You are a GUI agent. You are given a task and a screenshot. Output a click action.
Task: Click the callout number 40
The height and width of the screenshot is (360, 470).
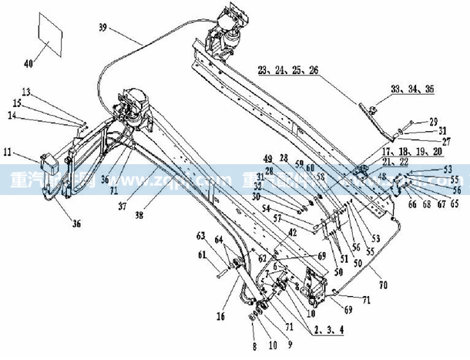pyautogui.click(x=30, y=64)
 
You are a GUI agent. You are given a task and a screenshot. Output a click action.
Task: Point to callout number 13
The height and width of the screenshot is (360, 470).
pyautogui.click(x=26, y=92)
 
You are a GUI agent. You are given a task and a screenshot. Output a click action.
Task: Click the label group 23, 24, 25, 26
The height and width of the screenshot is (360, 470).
pyautogui.click(x=288, y=70)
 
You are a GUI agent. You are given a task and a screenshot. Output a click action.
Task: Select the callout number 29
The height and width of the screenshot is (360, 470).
pyautogui.click(x=433, y=122)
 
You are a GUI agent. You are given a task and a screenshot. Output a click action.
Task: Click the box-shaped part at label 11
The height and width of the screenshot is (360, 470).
pyautogui.click(x=52, y=166)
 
